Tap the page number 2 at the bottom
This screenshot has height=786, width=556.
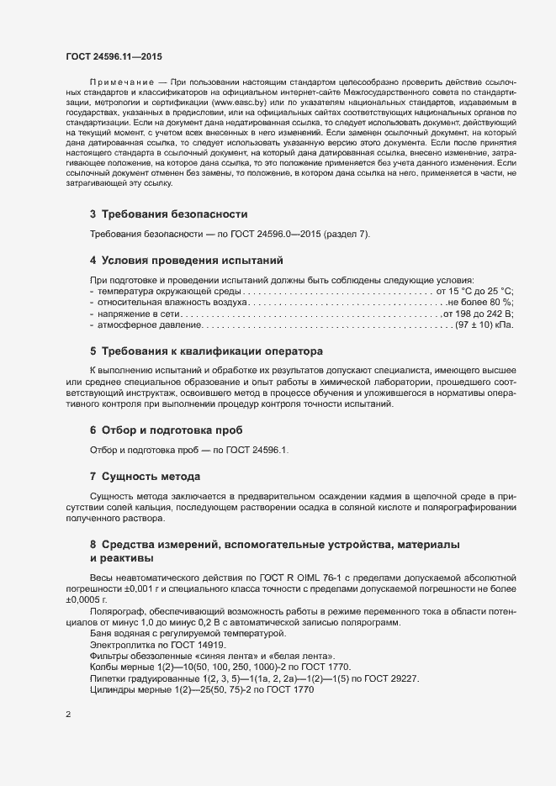pyautogui.click(x=68, y=715)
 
